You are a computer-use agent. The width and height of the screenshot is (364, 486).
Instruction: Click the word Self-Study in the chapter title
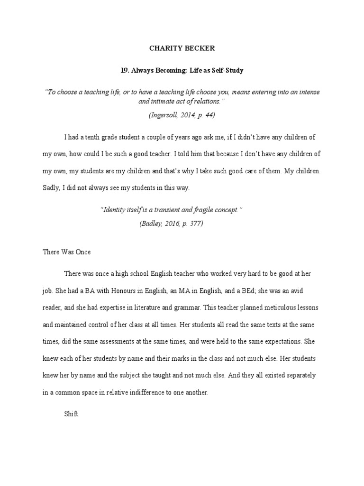(x=227, y=70)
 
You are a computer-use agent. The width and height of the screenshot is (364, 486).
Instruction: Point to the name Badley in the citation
(x=152, y=224)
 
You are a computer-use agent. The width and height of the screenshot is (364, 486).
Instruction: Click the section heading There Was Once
(x=67, y=252)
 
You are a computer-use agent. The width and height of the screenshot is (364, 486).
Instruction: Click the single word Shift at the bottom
(x=72, y=414)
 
